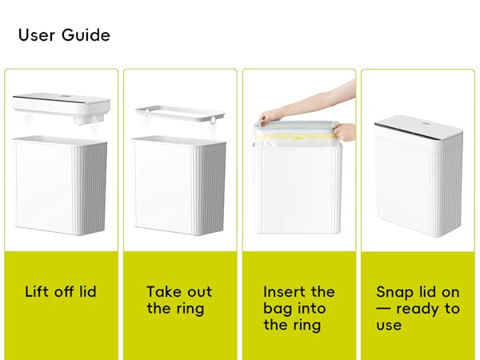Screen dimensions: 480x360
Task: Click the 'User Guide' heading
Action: (64, 35)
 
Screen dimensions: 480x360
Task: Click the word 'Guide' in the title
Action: (86, 35)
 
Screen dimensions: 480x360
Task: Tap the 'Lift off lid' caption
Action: (61, 291)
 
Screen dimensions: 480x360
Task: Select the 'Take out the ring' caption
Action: (179, 300)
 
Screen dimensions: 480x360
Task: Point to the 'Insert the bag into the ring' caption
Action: (299, 308)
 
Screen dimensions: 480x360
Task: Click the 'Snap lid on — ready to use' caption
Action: (418, 308)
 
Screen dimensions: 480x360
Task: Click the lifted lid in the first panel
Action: (62, 108)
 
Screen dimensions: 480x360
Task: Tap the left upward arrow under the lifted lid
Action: (29, 122)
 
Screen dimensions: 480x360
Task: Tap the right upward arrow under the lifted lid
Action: (94, 126)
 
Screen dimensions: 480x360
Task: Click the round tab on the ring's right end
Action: (213, 120)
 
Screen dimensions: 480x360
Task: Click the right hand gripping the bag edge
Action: (344, 132)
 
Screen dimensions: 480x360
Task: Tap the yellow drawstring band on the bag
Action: (295, 137)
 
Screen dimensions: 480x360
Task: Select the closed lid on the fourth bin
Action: (418, 126)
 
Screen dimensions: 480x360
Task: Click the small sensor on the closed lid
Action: (426, 123)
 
